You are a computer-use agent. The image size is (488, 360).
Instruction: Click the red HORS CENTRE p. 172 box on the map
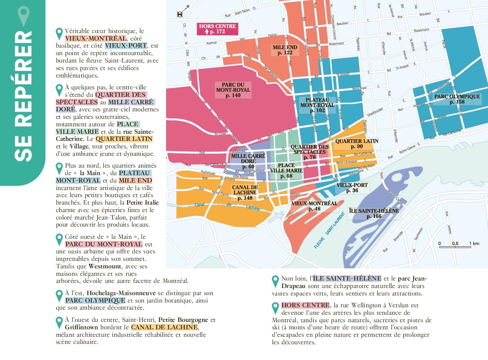coord(217,29)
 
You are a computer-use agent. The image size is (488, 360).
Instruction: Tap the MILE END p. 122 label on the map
coord(285,50)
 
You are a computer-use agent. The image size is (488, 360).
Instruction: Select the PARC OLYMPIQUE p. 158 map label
coord(457,99)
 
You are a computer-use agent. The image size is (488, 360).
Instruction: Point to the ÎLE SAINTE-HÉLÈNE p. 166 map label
coord(374,214)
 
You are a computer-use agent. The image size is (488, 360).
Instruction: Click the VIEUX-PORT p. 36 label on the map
coord(352,188)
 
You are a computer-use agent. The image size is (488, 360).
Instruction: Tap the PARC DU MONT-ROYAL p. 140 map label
coord(233,90)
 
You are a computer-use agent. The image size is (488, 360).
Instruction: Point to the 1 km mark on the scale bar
coord(474,244)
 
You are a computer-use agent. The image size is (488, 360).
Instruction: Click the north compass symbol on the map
coord(181,14)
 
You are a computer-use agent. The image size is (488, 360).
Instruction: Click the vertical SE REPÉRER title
coord(23,96)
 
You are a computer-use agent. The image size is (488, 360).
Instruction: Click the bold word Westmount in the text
coord(104,266)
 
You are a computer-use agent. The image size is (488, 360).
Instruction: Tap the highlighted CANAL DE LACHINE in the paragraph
coord(164,327)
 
